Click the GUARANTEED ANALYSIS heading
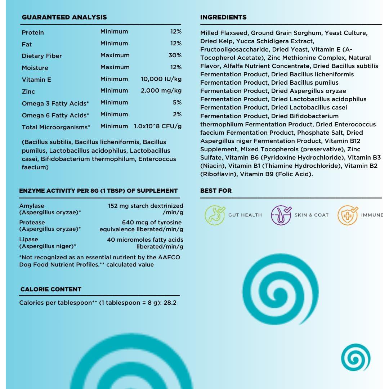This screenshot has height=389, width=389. click(x=64, y=17)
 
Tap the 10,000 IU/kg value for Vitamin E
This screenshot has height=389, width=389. click(x=161, y=79)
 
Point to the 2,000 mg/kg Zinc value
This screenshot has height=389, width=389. click(x=161, y=90)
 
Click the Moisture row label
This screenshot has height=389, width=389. click(x=35, y=68)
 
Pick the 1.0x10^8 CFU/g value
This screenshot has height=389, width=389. click(x=158, y=126)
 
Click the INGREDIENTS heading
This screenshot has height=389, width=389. click(x=223, y=17)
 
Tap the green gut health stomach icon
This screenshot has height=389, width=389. click(x=215, y=215)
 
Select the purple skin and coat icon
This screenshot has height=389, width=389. click(x=281, y=215)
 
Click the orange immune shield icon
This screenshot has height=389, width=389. click(x=348, y=215)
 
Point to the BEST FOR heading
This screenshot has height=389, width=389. click(x=216, y=191)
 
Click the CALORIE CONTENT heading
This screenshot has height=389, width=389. click(x=51, y=289)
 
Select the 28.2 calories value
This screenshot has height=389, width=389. click(x=170, y=303)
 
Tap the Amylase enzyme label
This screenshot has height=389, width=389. click(x=32, y=206)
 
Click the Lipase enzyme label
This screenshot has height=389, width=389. click(x=28, y=240)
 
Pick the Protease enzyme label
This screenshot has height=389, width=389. click(x=32, y=223)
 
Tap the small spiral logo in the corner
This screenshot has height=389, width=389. click(x=356, y=357)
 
